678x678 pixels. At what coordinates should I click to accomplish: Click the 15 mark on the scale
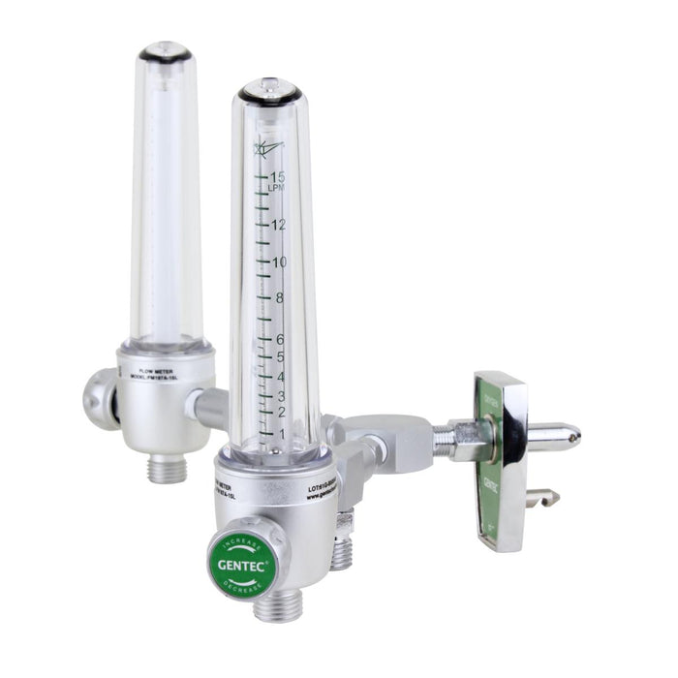(x=279, y=177)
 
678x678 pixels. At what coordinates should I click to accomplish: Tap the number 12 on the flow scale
(x=279, y=225)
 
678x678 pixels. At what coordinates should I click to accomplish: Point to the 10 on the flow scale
(x=279, y=262)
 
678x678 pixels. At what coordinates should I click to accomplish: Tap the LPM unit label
(x=276, y=188)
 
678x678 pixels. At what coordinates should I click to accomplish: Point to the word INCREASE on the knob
(x=239, y=537)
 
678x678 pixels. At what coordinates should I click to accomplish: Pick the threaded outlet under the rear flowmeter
(x=163, y=469)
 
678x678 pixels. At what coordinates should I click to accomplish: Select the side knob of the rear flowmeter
(x=99, y=398)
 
